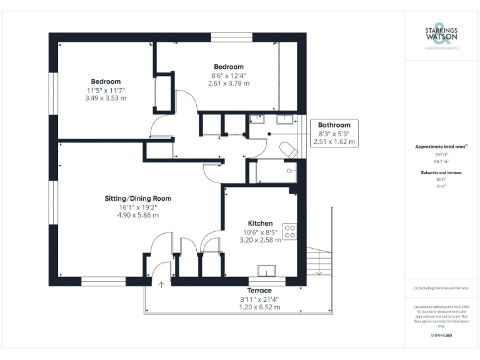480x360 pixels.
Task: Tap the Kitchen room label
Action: pos(260,223)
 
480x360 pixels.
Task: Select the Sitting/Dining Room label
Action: pos(137,199)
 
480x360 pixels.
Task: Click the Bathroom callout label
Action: pos(334,124)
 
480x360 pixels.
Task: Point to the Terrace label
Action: pos(259,291)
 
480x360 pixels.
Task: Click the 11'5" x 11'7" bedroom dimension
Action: pos(106,90)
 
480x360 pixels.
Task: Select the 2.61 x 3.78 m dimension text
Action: pos(229,83)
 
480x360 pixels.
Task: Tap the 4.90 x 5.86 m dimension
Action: pos(137,215)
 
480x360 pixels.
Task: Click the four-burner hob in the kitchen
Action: pos(289,232)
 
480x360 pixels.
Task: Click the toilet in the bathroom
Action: pos(288,151)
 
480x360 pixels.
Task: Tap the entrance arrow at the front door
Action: pos(161,285)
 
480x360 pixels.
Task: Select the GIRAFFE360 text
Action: pos(441,336)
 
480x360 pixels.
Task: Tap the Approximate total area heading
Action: pos(441,146)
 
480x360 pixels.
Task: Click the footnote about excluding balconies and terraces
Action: pos(441,288)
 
